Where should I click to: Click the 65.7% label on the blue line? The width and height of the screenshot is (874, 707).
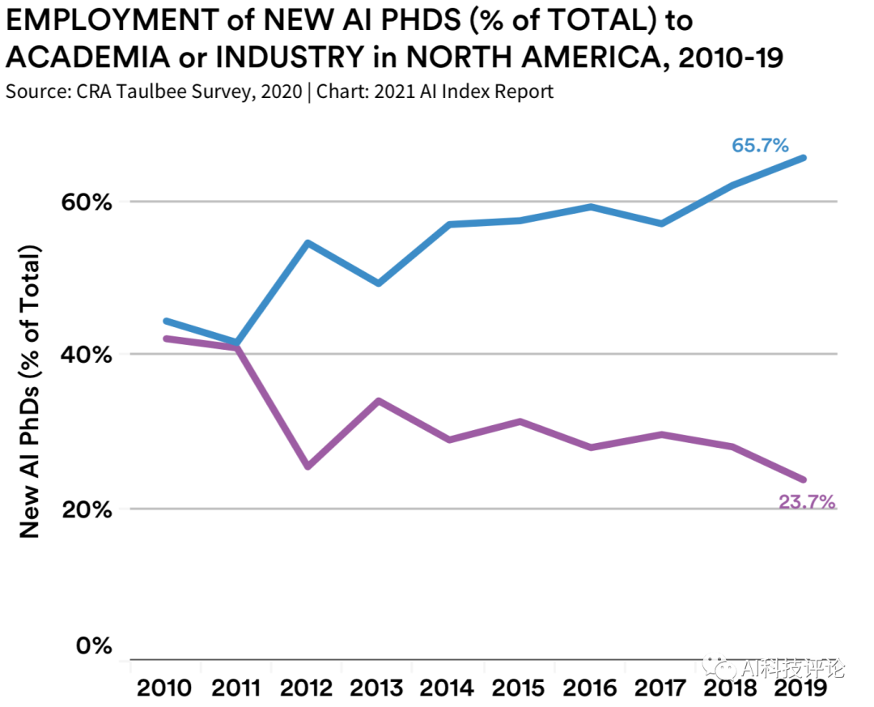(760, 146)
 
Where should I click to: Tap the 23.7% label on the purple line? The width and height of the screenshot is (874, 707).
(806, 502)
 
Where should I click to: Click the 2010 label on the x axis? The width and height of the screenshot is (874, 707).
(164, 688)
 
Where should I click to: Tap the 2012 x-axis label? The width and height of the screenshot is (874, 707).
(308, 688)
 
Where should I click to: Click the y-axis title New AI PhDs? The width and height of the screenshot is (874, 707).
(30, 390)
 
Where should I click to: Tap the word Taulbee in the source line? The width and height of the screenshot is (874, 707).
(167, 91)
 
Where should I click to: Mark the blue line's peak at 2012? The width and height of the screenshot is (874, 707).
(308, 243)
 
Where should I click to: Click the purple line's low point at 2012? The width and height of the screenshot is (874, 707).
(308, 467)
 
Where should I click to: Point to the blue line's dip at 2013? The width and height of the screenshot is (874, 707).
(378, 283)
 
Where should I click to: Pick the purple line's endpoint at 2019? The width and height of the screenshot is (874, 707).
(804, 480)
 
